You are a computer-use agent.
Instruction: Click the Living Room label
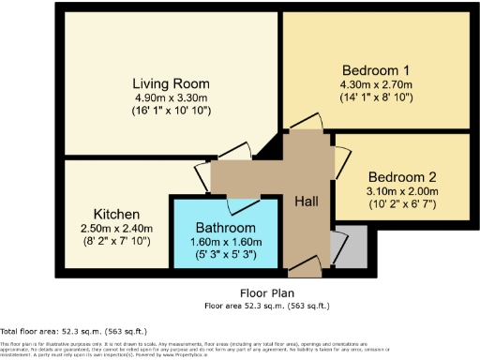171,82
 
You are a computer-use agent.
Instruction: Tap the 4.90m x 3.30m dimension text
171,97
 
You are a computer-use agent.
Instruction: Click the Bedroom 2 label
402,177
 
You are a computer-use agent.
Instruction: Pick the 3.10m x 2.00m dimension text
402,191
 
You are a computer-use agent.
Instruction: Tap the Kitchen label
116,214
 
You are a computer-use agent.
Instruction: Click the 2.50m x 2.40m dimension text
116,228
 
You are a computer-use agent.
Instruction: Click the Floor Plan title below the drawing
267,292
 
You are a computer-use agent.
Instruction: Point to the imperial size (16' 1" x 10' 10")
171,111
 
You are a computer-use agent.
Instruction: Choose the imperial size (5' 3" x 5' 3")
225,254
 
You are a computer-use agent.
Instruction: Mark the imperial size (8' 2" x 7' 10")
116,242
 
